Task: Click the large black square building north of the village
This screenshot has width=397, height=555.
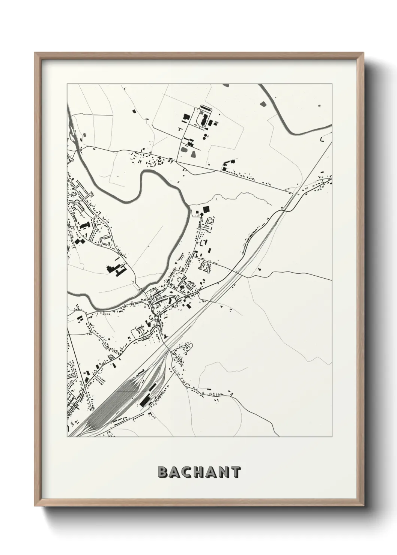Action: point(205,209)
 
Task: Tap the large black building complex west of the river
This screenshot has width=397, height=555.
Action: point(116,270)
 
